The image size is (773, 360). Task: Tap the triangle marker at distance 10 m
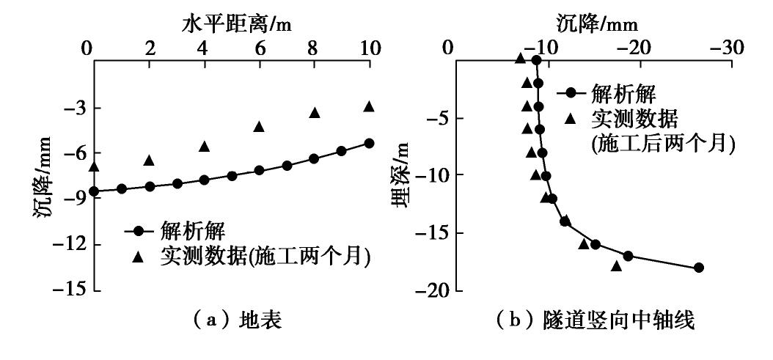(x=369, y=106)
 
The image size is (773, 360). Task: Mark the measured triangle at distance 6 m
(x=259, y=126)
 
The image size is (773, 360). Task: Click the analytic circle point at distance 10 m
(x=369, y=143)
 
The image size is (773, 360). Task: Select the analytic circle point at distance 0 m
(x=93, y=191)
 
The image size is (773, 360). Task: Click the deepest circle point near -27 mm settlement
(x=698, y=268)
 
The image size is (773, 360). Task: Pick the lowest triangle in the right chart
(x=616, y=265)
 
